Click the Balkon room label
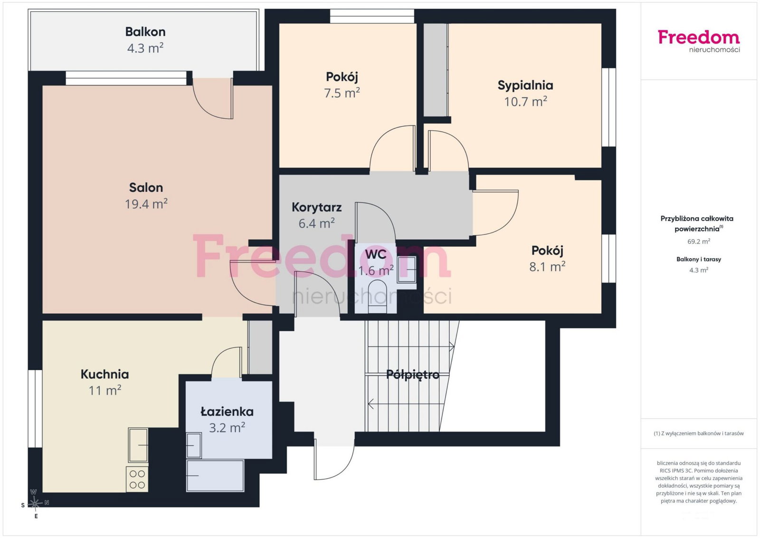145,32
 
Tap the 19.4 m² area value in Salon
146,204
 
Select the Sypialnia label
525,85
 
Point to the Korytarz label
316,207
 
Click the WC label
376,254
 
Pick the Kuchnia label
104,374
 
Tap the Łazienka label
227,412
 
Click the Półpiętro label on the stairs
413,375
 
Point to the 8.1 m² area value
547,267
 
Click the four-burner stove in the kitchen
137,479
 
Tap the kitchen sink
138,445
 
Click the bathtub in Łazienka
215,475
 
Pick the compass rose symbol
35,503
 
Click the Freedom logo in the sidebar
699,41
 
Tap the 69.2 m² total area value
699,241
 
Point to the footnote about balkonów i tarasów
699,433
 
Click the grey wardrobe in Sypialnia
435,70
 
